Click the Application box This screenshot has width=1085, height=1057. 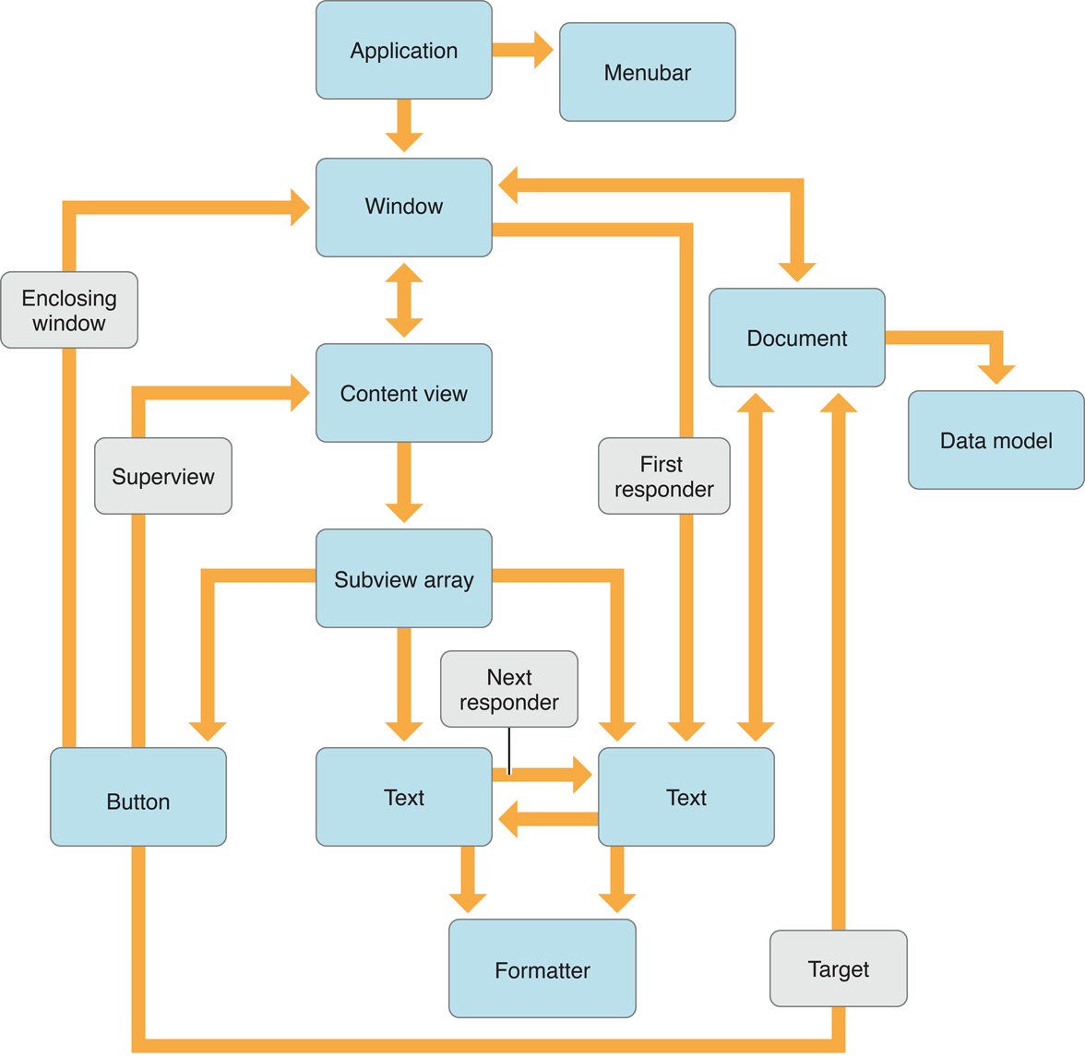(x=403, y=51)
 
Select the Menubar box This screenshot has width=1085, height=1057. (x=647, y=73)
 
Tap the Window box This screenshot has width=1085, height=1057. (x=403, y=207)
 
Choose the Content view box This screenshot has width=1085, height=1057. (x=403, y=394)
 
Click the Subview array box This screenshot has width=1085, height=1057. (x=403, y=579)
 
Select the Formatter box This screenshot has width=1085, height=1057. (x=542, y=969)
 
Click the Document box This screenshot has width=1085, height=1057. (x=796, y=338)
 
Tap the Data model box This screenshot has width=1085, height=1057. (x=996, y=441)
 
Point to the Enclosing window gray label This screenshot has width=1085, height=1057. (x=69, y=311)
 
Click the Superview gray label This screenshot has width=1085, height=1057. (x=163, y=477)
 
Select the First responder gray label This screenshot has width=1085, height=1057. (x=663, y=477)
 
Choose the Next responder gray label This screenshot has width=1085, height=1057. (x=509, y=690)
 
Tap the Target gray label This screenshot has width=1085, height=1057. (x=838, y=969)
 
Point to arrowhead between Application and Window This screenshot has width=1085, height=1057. (x=403, y=140)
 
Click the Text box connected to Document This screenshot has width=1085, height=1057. (x=686, y=798)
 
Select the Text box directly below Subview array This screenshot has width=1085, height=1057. (x=403, y=798)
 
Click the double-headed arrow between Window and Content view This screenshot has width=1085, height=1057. (x=403, y=301)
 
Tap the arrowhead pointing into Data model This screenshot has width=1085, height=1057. (x=996, y=374)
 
